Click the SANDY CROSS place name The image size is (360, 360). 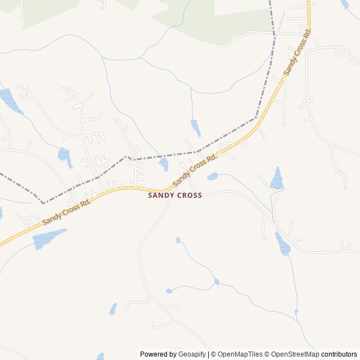(174, 195)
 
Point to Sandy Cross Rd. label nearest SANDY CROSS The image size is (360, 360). (195, 170)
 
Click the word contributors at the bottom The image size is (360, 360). (339, 354)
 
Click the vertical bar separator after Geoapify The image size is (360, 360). (209, 354)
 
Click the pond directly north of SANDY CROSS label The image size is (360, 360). (164, 164)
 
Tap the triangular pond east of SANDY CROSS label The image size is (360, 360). (277, 179)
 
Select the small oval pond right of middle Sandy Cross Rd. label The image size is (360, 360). (212, 177)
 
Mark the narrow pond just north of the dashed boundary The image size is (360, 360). (195, 128)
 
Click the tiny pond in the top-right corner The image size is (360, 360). (345, 4)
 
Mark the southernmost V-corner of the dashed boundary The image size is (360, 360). (43, 202)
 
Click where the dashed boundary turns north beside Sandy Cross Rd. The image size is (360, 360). (256, 118)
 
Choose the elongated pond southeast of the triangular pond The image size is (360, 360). (282, 244)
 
